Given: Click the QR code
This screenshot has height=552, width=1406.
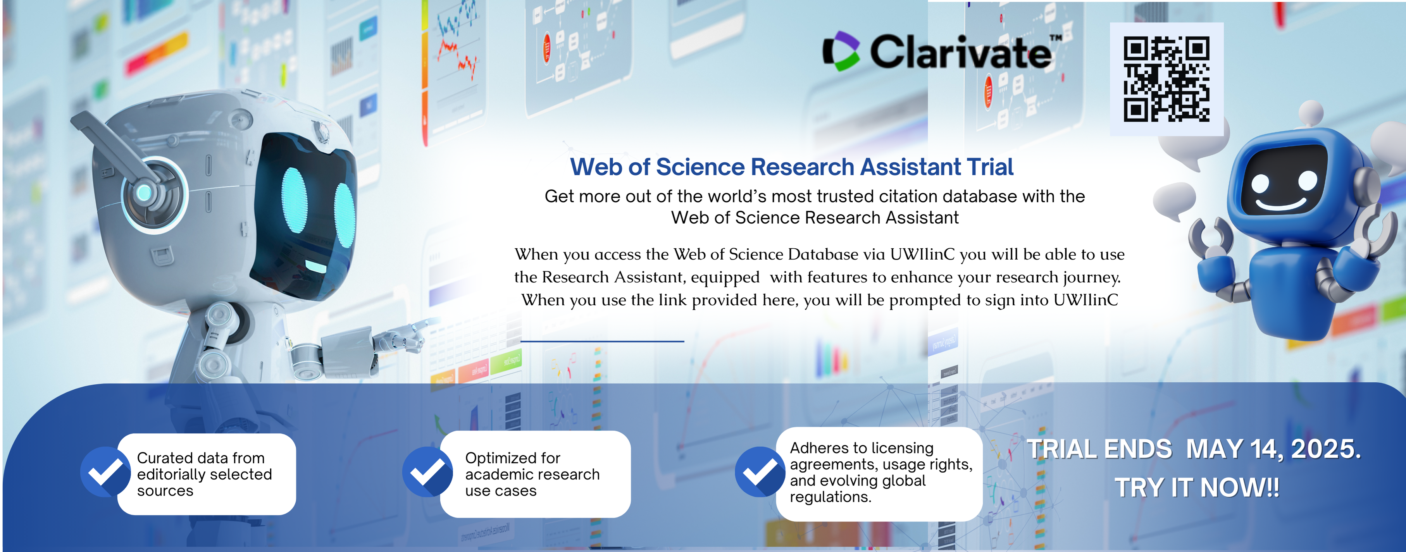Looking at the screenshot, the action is [1166, 79].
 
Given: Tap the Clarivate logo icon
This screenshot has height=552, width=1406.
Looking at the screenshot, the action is [841, 51].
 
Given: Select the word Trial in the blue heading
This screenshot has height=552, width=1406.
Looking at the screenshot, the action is [990, 167].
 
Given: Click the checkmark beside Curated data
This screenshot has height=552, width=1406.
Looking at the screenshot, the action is [105, 472].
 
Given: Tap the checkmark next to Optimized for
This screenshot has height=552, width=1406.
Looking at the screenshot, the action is [427, 472].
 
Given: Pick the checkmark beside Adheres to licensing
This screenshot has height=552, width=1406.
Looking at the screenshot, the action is [760, 472].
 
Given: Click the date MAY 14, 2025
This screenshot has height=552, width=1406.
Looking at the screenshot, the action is [1273, 449].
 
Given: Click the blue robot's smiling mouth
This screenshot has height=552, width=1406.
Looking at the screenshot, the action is [1280, 205].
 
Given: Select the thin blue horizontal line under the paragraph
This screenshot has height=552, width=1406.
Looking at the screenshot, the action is [602, 341].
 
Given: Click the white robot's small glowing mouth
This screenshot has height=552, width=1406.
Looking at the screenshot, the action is [315, 266].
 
